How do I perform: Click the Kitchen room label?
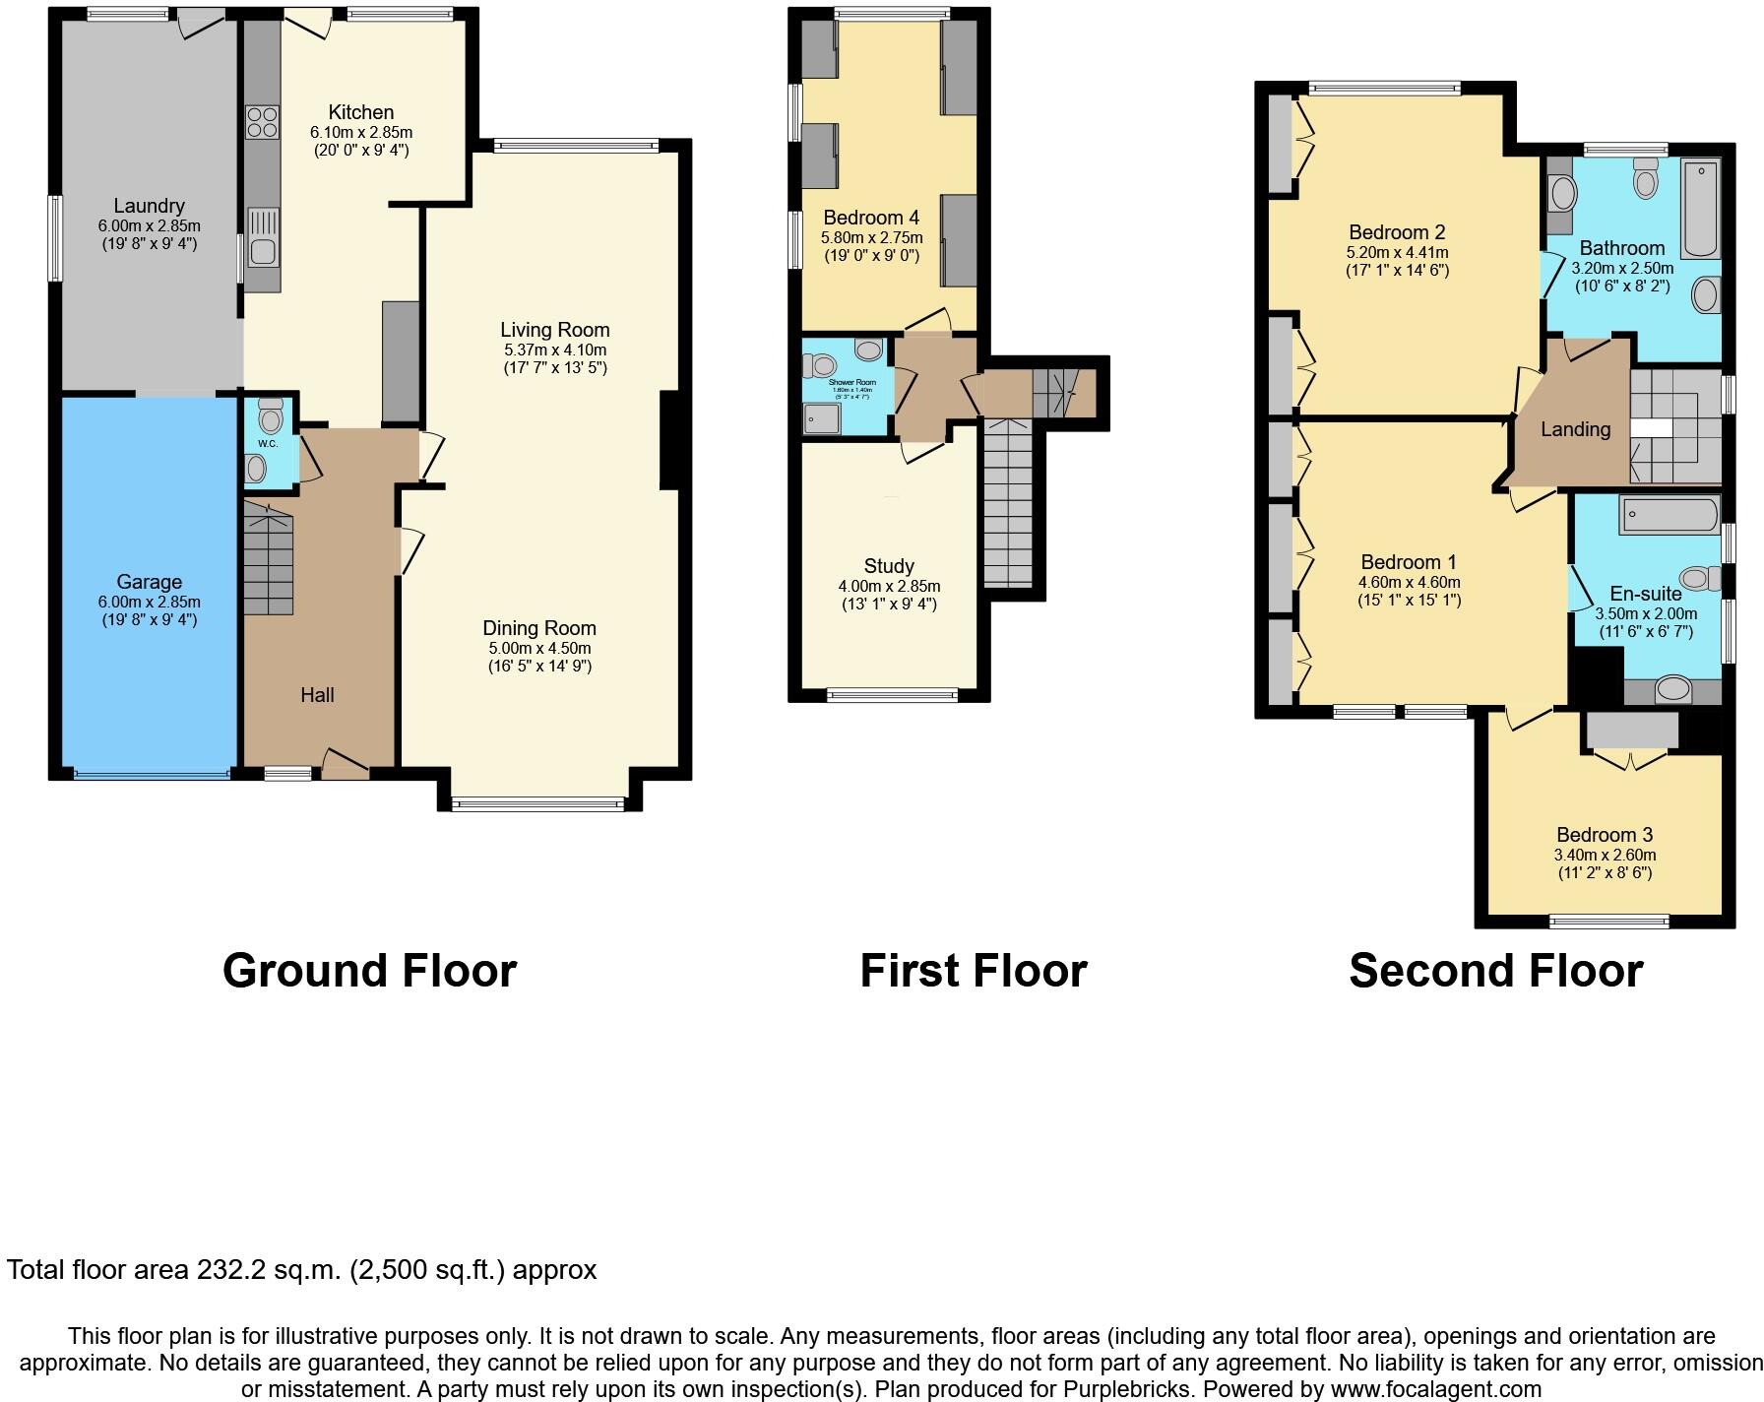pos(360,112)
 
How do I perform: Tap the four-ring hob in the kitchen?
pos(262,122)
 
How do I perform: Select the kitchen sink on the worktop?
pos(262,242)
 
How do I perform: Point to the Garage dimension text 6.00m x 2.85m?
pos(149,602)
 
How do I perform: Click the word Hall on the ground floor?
pos(317,695)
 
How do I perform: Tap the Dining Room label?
pos(539,628)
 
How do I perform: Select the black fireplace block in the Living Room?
pos(669,440)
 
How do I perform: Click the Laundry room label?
pos(149,206)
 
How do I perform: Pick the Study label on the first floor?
pos(889,566)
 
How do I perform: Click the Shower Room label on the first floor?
pos(851,382)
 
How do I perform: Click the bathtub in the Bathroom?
pos(1700,208)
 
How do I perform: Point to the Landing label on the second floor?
pos(1575,429)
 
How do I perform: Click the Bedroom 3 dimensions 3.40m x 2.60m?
pos(1605,855)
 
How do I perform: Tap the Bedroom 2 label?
pos(1397,232)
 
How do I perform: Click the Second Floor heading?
pos(1495,971)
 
